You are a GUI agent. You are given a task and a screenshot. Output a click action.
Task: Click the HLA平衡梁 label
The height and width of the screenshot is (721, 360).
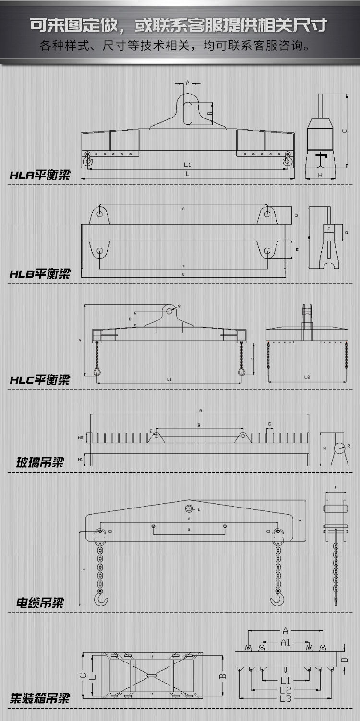(40, 175)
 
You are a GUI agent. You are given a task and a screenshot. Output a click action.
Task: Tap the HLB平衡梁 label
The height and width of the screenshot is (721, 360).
(40, 274)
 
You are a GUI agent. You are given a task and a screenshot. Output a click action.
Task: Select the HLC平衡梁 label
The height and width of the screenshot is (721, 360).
(40, 380)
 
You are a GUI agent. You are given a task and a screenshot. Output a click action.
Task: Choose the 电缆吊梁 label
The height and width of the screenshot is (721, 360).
(40, 603)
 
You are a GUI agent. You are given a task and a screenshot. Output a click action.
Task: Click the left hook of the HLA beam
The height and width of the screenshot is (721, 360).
(88, 160)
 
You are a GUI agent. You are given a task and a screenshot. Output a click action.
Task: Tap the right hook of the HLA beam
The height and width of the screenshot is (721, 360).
(287, 160)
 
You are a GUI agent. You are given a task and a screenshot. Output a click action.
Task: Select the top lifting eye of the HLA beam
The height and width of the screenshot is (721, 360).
(188, 110)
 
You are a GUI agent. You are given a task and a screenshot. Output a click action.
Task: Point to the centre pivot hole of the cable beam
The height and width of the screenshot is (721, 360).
(189, 509)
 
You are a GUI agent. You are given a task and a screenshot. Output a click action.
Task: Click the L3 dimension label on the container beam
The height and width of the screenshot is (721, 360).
(286, 698)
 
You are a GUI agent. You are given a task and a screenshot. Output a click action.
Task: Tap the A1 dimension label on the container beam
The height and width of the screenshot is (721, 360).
(285, 642)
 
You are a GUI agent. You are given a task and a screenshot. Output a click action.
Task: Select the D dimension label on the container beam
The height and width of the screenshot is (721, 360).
(344, 660)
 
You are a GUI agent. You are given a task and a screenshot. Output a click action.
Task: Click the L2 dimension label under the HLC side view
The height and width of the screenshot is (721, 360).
(307, 377)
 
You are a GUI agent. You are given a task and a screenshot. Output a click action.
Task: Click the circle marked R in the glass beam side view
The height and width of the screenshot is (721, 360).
(339, 447)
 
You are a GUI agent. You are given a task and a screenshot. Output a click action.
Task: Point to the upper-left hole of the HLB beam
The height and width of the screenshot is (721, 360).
(99, 214)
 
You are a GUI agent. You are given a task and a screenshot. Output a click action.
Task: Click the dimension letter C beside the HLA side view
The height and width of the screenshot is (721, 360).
(344, 130)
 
